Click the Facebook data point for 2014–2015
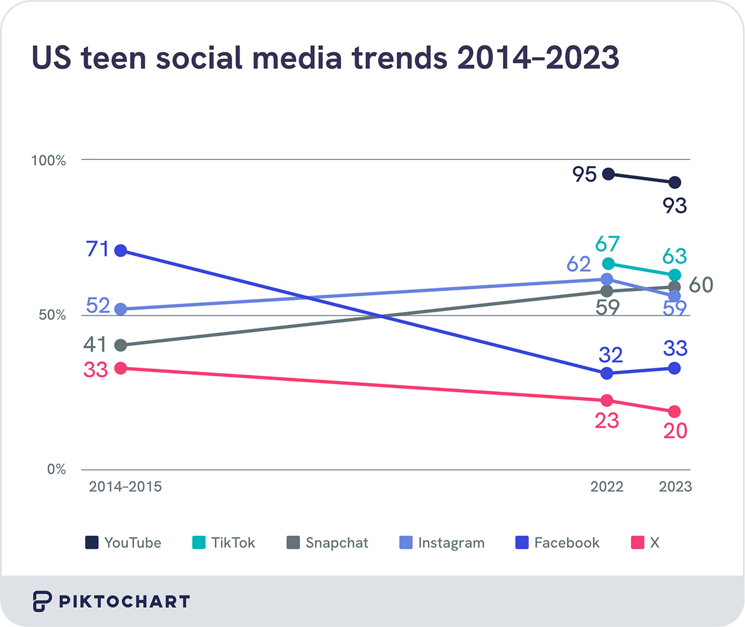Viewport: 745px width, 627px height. tap(121, 251)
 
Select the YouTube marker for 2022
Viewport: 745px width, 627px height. tap(608, 174)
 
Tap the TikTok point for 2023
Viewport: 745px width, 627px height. tap(675, 275)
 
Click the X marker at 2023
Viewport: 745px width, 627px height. tap(675, 412)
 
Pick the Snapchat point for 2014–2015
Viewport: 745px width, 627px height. tap(121, 345)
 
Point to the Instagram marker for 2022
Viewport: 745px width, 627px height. tap(607, 279)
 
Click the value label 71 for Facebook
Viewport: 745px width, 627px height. tap(97, 250)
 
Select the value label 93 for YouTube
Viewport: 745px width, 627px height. tap(675, 205)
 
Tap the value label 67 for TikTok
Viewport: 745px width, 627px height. tap(607, 244)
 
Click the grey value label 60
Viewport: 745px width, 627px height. tap(701, 285)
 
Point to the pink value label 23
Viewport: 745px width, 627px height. tap(607, 421)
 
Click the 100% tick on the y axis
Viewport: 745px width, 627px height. tap(48, 161)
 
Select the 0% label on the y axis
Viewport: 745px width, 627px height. tap(56, 470)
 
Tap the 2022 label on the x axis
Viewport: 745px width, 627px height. tap(607, 487)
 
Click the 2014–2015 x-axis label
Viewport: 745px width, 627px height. tap(125, 487)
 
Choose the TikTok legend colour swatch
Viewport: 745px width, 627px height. tap(199, 543)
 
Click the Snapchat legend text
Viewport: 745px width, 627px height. tap(336, 543)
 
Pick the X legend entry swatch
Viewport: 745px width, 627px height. tap(638, 543)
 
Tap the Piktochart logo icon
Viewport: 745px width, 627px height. tap(42, 602)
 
